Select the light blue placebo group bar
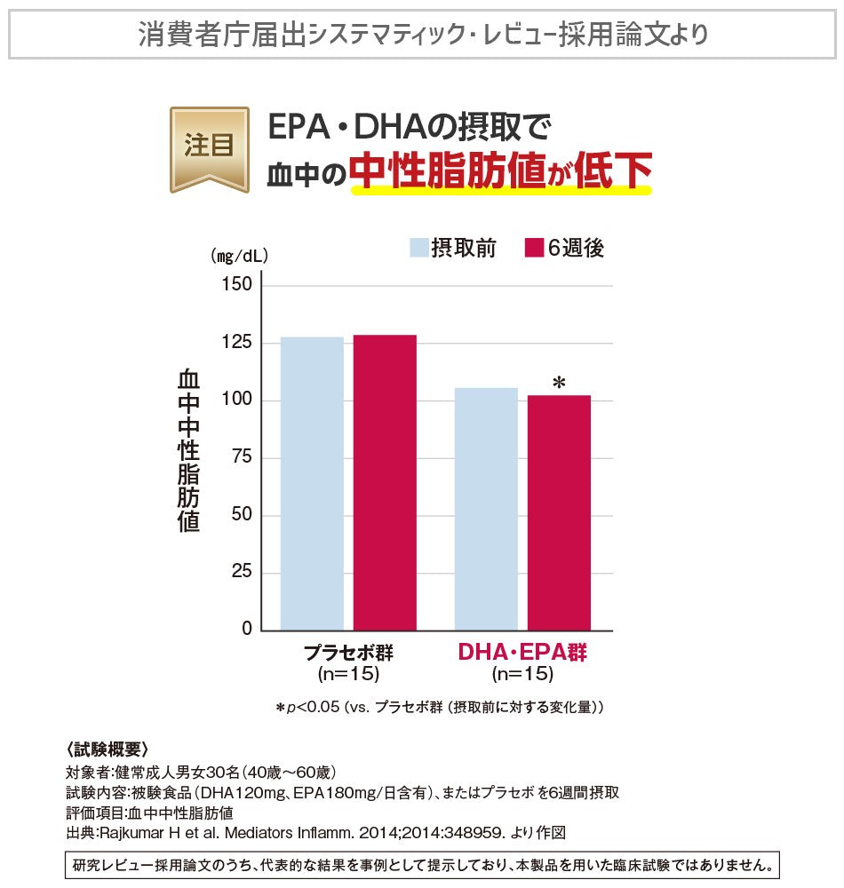[x=312, y=483]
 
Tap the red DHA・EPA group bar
[x=559, y=512]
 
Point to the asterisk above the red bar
[x=559, y=383]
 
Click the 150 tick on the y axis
[x=242, y=285]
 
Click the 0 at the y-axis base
[x=249, y=630]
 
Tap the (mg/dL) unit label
[x=239, y=256]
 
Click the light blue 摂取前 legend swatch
[x=418, y=248]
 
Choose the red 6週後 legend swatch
[x=533, y=248]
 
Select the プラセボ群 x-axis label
[x=348, y=653]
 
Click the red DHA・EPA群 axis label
[x=522, y=653]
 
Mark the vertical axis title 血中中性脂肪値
[x=188, y=451]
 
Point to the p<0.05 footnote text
[x=440, y=708]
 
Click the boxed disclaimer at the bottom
[x=422, y=864]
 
